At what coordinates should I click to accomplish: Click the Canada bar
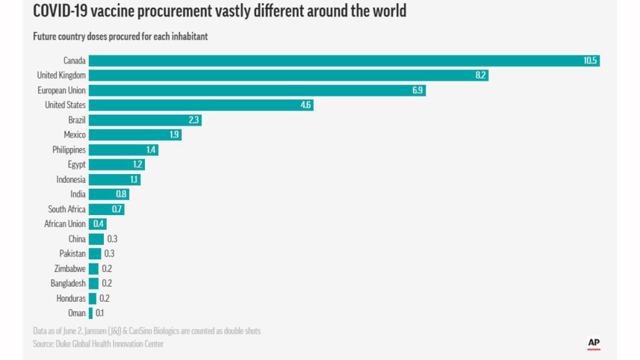[x=344, y=60]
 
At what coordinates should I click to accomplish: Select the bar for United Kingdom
[x=288, y=75]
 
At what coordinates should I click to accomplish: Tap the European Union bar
[x=256, y=90]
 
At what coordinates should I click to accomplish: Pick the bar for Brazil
[x=144, y=120]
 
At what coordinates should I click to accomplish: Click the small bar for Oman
[x=91, y=313]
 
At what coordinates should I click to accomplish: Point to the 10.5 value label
[x=590, y=60]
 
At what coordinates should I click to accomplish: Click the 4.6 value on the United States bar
[x=305, y=105]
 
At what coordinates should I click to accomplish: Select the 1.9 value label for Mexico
[x=174, y=134]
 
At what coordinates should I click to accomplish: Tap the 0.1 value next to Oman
[x=100, y=313]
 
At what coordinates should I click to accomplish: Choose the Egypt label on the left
[x=76, y=164]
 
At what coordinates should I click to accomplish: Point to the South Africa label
[x=66, y=209]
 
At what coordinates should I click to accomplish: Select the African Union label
[x=65, y=224]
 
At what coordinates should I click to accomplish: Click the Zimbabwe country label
[x=69, y=269]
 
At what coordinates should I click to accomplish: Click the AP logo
[x=594, y=343]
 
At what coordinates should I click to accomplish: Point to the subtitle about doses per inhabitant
[x=120, y=37]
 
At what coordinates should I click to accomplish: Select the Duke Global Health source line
[x=98, y=344]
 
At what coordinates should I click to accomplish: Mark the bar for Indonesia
[x=114, y=179]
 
